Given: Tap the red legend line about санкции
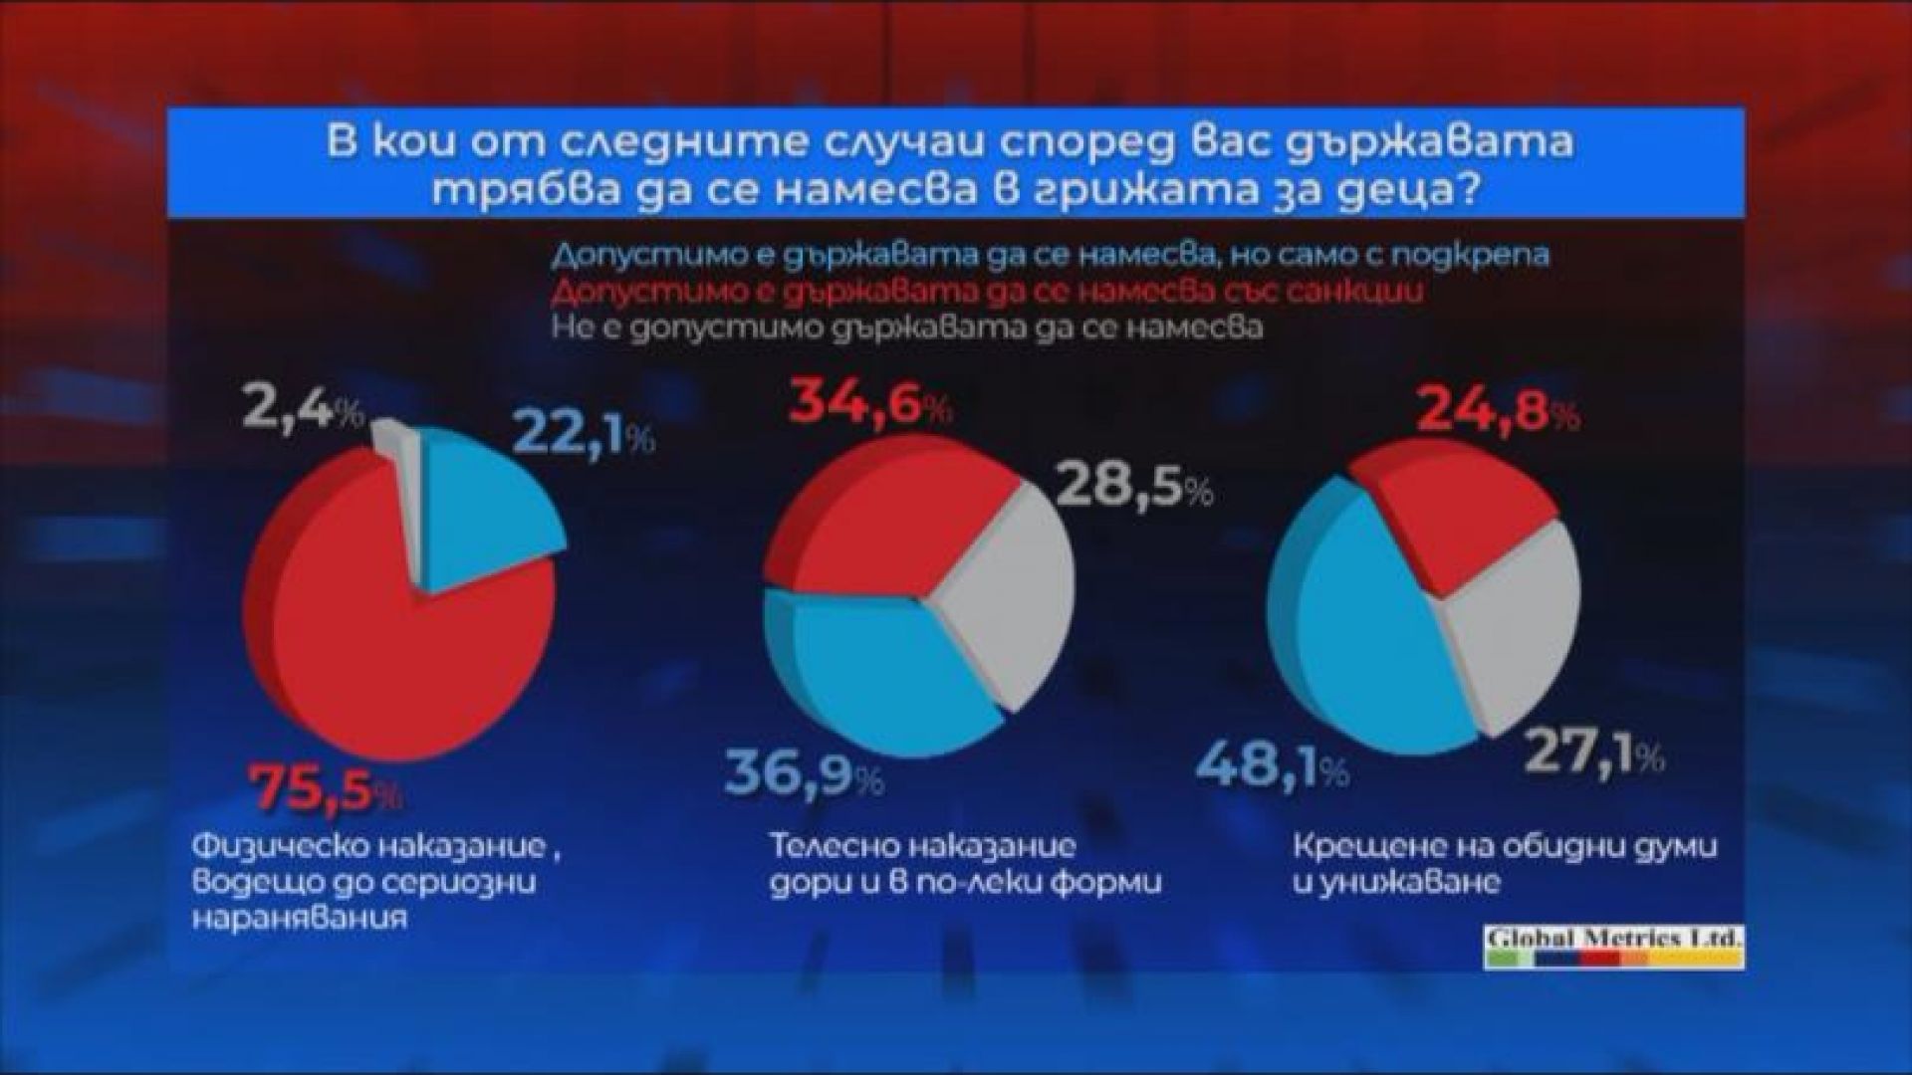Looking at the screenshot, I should coord(987,292).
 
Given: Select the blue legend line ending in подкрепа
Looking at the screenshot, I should coord(1051,254).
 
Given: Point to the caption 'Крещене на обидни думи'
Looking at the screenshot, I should coord(1506,848).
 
